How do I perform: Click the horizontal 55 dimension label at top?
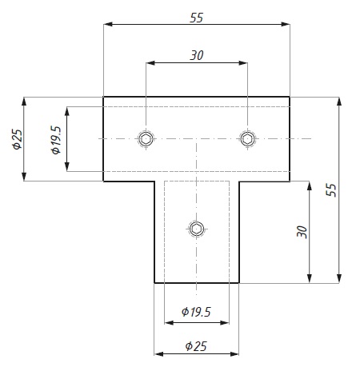(x=197, y=16)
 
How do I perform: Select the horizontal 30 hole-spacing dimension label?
(x=197, y=55)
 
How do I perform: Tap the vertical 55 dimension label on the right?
(x=331, y=189)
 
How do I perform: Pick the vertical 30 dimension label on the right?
(x=302, y=232)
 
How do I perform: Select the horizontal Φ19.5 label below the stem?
(x=196, y=312)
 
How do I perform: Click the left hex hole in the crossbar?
(x=146, y=139)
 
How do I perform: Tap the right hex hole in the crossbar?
(x=248, y=139)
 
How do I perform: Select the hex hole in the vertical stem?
(x=197, y=230)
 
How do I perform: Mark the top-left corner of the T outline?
(x=104, y=97)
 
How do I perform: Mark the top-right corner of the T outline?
(x=290, y=97)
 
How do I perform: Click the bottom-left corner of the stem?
(x=154, y=283)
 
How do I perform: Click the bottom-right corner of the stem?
(x=239, y=283)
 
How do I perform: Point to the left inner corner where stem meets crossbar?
(x=154, y=182)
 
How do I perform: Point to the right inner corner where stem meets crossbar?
(x=239, y=182)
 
